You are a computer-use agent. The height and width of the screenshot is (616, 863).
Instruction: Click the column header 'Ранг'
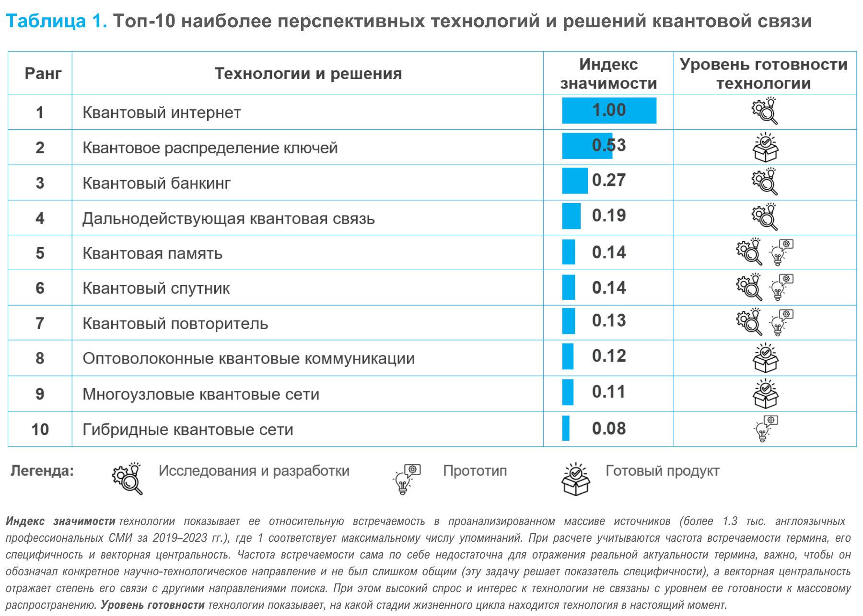point(43,74)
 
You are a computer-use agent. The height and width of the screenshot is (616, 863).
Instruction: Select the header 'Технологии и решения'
point(308,74)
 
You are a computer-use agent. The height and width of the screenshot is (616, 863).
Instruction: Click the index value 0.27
point(609,181)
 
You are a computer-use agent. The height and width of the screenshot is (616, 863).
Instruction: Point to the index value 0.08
point(609,429)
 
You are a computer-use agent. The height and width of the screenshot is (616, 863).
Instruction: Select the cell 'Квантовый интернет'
point(162,113)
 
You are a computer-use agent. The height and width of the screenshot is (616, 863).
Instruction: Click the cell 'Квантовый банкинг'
point(156,183)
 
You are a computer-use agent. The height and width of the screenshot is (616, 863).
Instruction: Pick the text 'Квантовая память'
point(152,253)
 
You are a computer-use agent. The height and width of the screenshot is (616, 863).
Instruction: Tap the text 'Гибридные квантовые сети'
point(187,430)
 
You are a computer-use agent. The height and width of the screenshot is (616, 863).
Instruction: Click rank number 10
point(40,430)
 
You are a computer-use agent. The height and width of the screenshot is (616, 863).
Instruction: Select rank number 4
point(40,218)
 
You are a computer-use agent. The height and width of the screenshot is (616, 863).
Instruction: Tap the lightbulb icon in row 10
point(765,428)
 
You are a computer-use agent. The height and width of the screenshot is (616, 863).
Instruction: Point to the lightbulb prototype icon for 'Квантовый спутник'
point(781,287)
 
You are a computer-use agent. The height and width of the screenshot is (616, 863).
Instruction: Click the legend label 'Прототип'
point(475,471)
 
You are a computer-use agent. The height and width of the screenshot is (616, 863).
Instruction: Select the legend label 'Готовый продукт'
point(662,471)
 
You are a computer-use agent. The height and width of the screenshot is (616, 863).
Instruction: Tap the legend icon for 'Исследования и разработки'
point(128,478)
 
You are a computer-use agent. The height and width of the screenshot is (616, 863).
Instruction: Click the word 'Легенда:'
point(42,471)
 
